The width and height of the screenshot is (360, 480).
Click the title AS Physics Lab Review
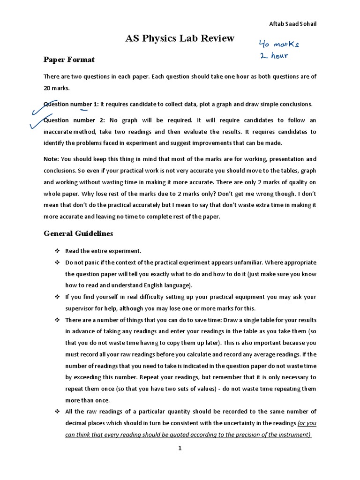[180, 38]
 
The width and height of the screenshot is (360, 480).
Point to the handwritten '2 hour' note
[274, 56]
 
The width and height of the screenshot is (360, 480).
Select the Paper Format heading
[69, 60]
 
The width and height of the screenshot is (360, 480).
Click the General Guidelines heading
[78, 233]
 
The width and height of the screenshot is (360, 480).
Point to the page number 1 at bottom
[180, 448]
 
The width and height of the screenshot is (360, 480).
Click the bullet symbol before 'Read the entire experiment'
[55, 251]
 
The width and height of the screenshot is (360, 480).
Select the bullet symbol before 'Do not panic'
[55, 262]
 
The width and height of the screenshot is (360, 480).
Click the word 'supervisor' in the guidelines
[80, 308]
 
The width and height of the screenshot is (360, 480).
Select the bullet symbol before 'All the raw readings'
[55, 412]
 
